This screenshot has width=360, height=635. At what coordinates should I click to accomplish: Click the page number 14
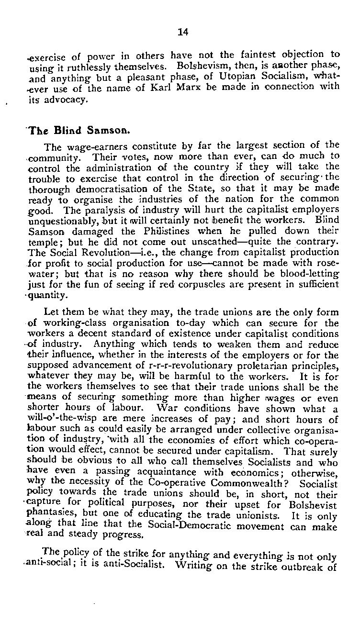pyautogui.click(x=183, y=32)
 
